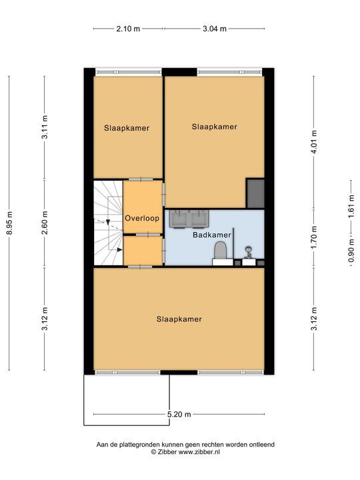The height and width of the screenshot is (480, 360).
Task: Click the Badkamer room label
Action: point(212,235)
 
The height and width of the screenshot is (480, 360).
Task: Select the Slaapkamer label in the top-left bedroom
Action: point(127,129)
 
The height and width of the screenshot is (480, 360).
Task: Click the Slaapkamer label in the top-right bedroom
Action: point(214,126)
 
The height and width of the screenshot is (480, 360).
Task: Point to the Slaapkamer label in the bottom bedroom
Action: point(179,319)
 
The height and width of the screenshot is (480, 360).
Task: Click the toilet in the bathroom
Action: point(220,252)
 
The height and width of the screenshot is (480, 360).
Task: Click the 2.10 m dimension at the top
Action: point(128,29)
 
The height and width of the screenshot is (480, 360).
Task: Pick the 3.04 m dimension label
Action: point(214,29)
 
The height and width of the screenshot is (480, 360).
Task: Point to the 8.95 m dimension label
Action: point(9,223)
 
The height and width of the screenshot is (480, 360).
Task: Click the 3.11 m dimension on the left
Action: point(45,127)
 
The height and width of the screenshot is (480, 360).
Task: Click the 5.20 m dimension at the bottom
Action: point(179,415)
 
